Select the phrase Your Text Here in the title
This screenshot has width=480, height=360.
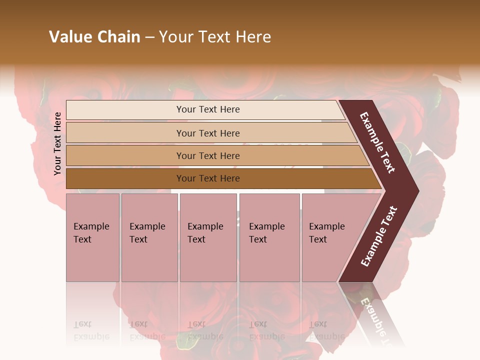(215, 37)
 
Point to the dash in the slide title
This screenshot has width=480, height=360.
(149, 37)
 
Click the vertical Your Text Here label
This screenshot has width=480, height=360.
(57, 143)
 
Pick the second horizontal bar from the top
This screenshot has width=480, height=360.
(208, 133)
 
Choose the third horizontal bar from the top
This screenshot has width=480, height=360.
(208, 155)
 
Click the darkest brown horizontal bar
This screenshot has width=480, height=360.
(208, 178)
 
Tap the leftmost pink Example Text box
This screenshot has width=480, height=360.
(92, 237)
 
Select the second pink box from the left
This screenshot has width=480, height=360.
(149, 237)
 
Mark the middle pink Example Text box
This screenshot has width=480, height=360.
(208, 237)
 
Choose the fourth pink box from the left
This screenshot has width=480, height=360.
(269, 237)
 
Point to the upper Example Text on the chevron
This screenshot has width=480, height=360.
(377, 142)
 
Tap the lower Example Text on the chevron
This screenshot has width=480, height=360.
(379, 236)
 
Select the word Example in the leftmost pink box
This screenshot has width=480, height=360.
(91, 226)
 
